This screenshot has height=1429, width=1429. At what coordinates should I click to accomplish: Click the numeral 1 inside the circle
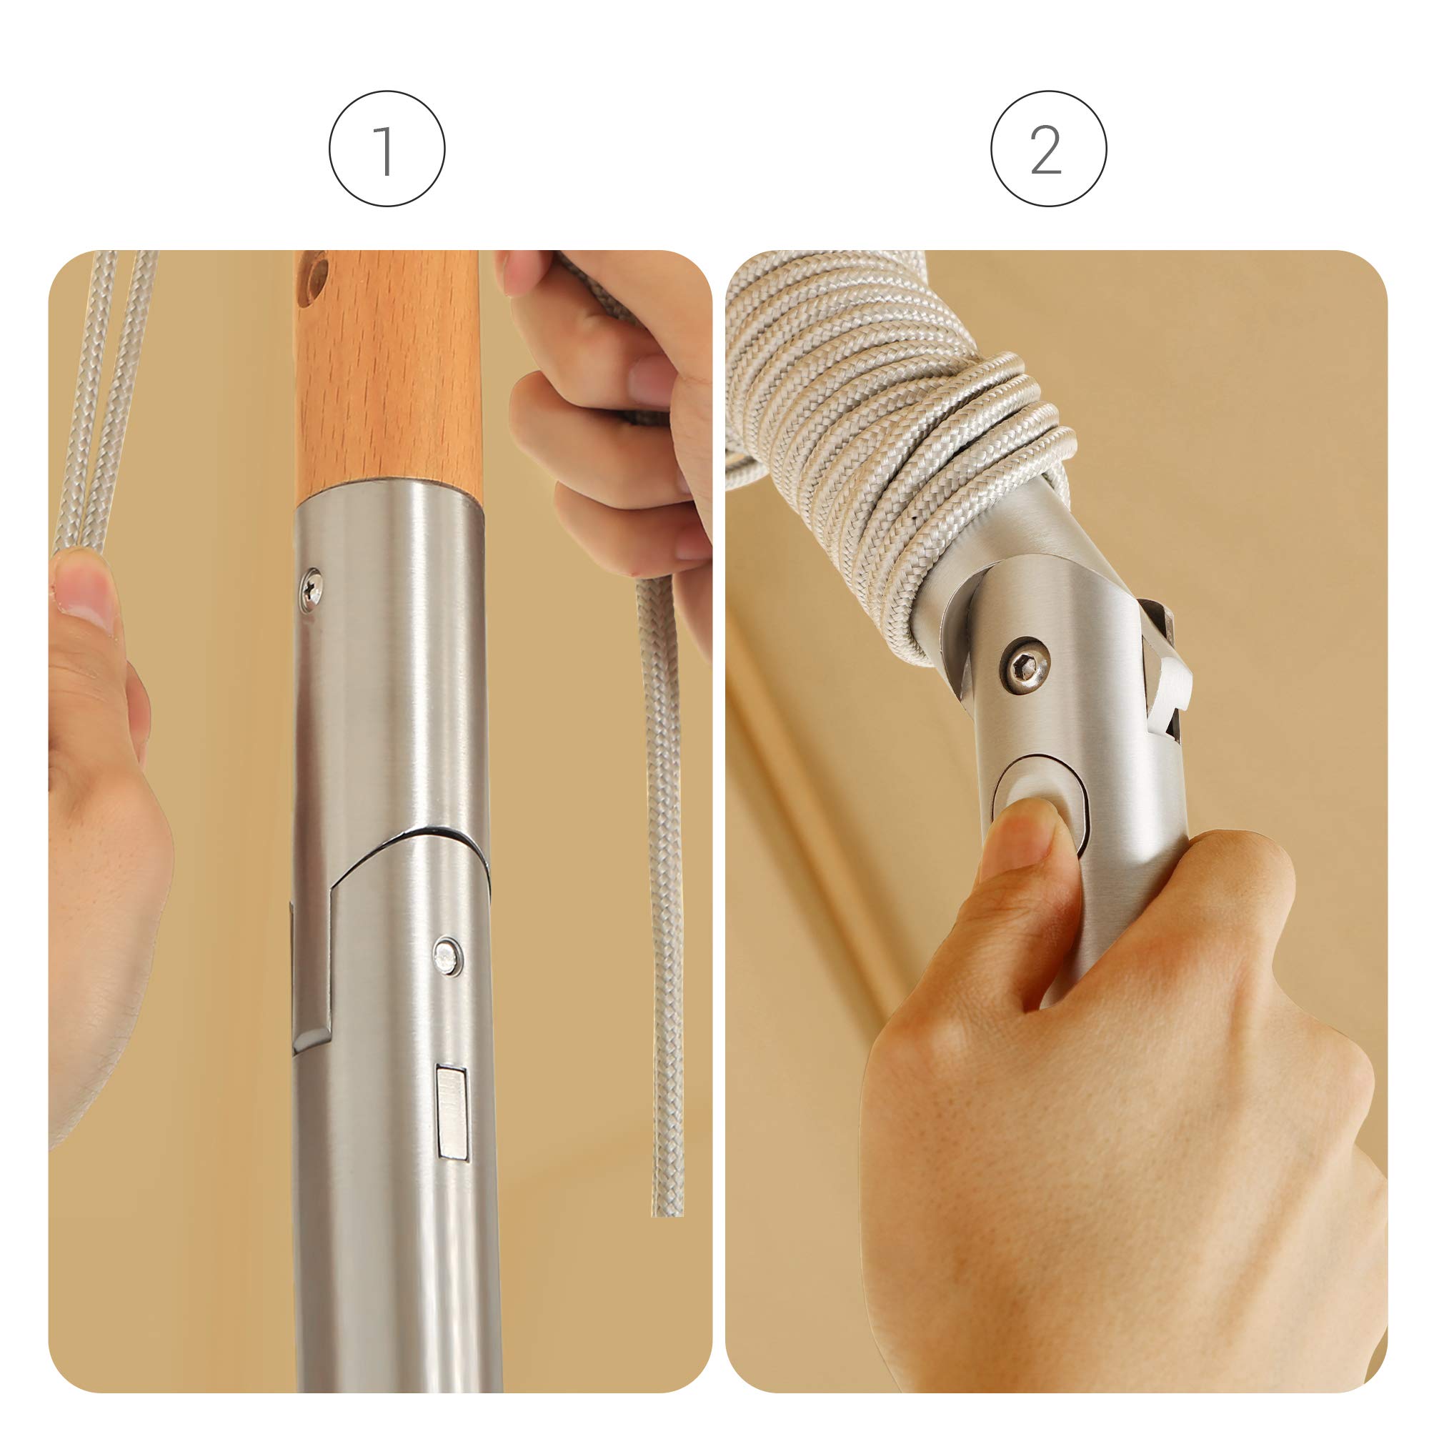(384, 150)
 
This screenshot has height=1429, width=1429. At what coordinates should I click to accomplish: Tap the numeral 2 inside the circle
(1046, 150)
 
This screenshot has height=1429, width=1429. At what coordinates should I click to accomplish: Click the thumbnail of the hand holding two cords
(83, 588)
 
